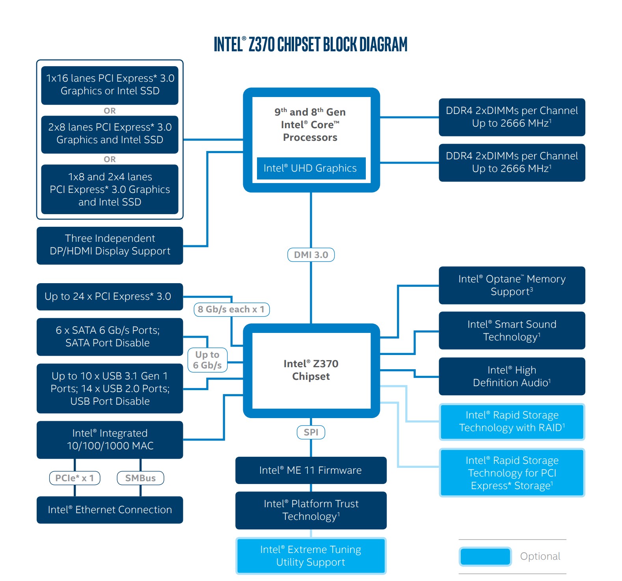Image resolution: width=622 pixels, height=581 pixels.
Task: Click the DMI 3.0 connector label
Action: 311,255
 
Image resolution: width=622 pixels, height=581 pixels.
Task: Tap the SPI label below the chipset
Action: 311,432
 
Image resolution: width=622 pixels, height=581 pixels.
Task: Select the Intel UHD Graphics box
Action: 311,168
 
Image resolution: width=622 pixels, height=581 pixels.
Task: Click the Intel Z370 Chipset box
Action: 311,370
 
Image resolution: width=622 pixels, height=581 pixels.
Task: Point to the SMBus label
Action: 140,478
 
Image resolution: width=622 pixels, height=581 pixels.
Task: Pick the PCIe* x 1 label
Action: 74,478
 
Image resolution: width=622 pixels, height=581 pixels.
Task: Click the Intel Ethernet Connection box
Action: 110,510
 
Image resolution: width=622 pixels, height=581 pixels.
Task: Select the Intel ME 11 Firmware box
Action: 311,470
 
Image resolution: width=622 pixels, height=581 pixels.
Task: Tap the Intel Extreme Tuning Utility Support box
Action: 311,556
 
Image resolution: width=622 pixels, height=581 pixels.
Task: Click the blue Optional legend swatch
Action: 485,557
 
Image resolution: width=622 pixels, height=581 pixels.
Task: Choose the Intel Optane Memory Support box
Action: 512,285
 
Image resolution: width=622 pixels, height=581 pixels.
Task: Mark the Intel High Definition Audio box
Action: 512,376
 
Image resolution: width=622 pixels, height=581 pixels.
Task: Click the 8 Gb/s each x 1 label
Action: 231,310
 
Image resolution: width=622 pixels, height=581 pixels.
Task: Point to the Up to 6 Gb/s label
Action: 207,360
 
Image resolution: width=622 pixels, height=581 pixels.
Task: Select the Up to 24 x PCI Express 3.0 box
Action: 110,297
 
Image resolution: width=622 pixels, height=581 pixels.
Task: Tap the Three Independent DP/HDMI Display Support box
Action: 110,245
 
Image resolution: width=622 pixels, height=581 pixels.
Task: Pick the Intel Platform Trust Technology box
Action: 311,510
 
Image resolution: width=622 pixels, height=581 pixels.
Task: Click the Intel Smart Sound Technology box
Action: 512,331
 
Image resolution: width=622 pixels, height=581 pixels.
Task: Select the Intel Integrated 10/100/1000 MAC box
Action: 110,440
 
